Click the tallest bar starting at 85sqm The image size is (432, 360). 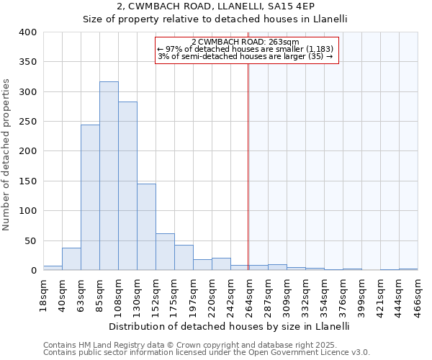(109, 176)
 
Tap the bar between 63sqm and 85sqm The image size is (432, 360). (90, 198)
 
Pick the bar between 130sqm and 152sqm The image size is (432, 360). (146, 228)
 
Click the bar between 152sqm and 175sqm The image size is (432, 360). (165, 252)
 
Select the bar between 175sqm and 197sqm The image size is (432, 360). (184, 258)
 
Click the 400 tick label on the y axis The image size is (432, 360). (27, 32)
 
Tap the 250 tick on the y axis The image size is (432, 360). (27, 122)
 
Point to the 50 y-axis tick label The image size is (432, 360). (30, 240)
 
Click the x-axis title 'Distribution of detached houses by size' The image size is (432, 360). (230, 326)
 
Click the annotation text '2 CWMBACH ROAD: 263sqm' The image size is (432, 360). (246, 42)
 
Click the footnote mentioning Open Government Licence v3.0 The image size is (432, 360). (207, 353)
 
